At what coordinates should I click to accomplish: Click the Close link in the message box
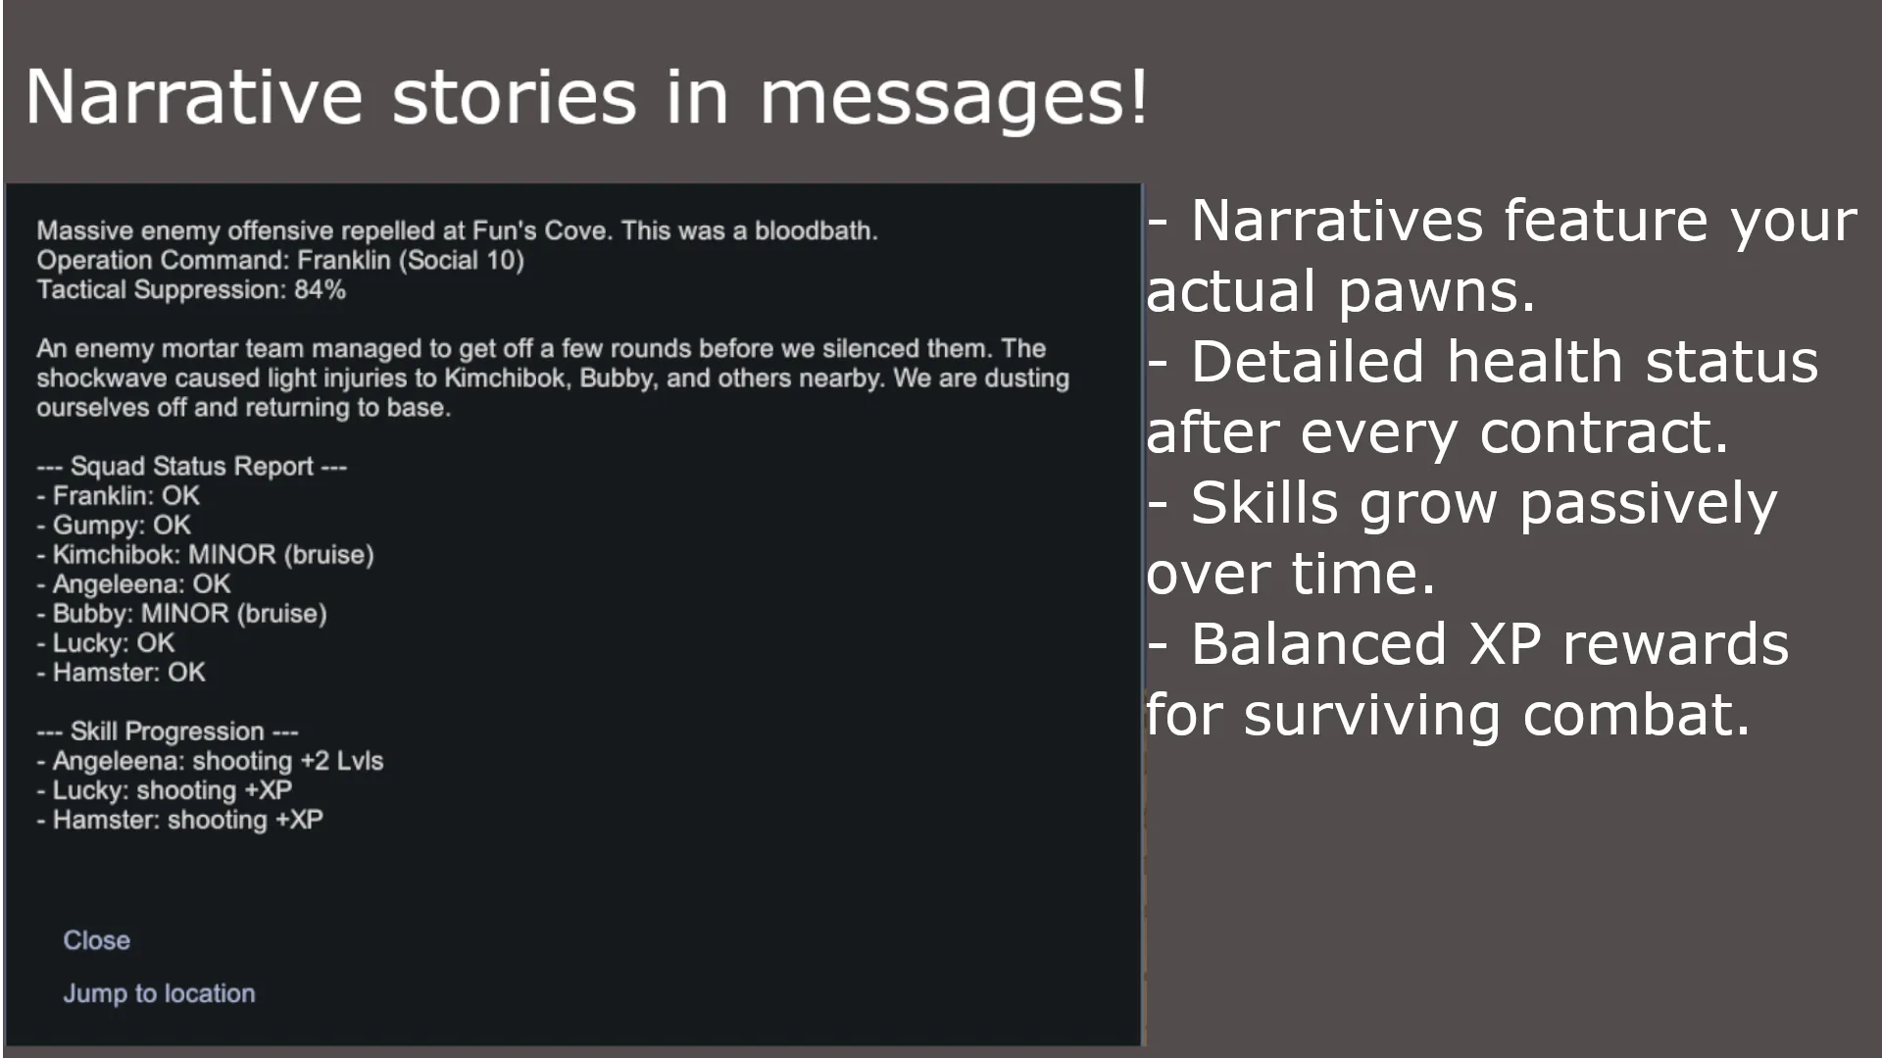[x=96, y=940]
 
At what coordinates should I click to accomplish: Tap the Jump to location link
[x=159, y=993]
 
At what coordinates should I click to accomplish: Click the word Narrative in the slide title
[x=194, y=96]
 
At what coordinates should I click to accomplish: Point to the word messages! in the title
[x=954, y=98]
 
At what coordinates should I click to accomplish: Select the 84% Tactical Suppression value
[x=320, y=290]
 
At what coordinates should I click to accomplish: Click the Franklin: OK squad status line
[x=119, y=496]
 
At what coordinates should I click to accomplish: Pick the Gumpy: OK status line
[x=115, y=526]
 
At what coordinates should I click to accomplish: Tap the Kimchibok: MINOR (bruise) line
[x=206, y=555]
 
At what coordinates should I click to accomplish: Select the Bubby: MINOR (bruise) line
[x=182, y=614]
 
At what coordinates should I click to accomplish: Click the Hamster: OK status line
[x=122, y=673]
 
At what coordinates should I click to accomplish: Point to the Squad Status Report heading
[x=192, y=467]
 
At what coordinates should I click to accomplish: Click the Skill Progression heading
[x=168, y=731]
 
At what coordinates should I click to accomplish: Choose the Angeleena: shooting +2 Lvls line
[x=211, y=761]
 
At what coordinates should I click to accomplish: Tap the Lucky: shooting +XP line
[x=165, y=790]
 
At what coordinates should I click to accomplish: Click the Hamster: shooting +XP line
[x=180, y=820]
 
